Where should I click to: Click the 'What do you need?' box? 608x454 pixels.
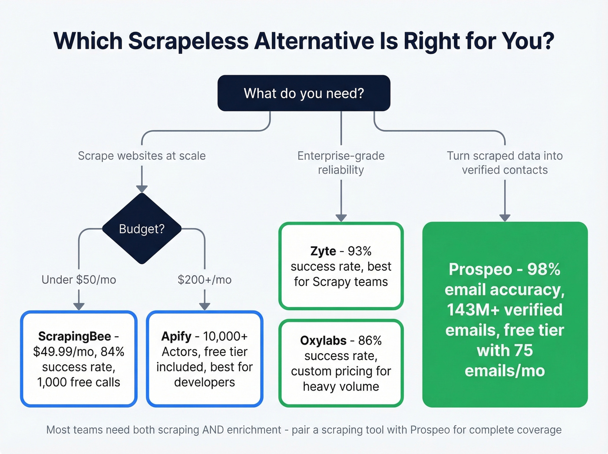click(304, 93)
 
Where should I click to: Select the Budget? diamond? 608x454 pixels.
click(142, 229)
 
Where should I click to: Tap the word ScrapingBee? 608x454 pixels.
click(74, 336)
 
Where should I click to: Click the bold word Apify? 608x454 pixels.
click(176, 336)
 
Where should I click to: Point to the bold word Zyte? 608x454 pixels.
click(323, 251)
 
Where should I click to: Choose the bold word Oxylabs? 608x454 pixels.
click(323, 341)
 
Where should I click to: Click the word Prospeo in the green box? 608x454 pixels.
click(480, 269)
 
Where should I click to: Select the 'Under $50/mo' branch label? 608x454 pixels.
click(79, 280)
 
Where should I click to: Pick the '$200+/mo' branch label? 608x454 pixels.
click(205, 280)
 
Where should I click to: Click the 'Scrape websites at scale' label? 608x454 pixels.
click(142, 156)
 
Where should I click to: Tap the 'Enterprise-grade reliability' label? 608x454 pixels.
click(341, 163)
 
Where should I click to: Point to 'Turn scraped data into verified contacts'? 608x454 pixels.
click(505, 163)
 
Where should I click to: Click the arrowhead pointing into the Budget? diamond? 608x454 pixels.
click(142, 189)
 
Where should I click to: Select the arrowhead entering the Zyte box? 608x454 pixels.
click(341, 218)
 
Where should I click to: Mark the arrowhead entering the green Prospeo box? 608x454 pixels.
click(505, 218)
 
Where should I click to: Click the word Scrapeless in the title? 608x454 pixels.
click(188, 41)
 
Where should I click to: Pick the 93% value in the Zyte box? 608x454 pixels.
click(360, 251)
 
